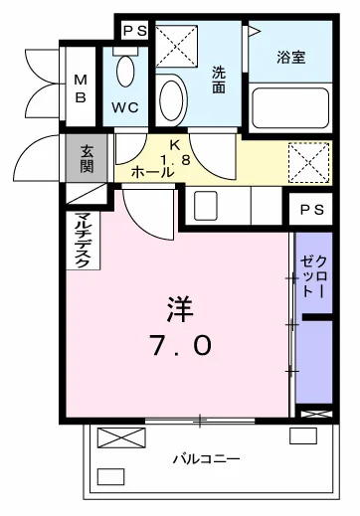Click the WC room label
[x=125, y=107]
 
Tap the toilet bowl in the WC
[x=125, y=72]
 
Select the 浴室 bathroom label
[x=291, y=58]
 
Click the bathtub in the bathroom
[x=290, y=108]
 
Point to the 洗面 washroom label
[x=219, y=80]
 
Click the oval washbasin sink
[x=171, y=99]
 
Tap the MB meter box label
[x=81, y=88]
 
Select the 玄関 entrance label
[x=87, y=158]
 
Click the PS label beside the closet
[x=311, y=210]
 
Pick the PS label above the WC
[x=135, y=31]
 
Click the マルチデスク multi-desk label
[x=83, y=240]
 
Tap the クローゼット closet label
[x=313, y=276]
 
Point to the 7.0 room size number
[x=181, y=345]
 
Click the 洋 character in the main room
[x=180, y=309]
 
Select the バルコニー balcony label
[x=207, y=459]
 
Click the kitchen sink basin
[x=206, y=206]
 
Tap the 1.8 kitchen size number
[x=176, y=160]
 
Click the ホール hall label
[x=152, y=172]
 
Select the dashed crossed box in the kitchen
[x=309, y=162]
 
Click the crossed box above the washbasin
[x=176, y=46]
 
